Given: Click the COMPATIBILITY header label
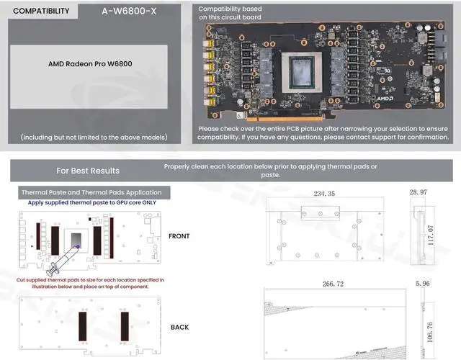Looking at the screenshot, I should (42, 12).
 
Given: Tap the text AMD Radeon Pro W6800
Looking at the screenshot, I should (89, 63).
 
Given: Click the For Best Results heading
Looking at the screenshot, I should (88, 171).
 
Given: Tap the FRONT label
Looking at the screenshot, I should (179, 236).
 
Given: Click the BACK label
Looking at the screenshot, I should (179, 327).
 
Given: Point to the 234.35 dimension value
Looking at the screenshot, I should (324, 194).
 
